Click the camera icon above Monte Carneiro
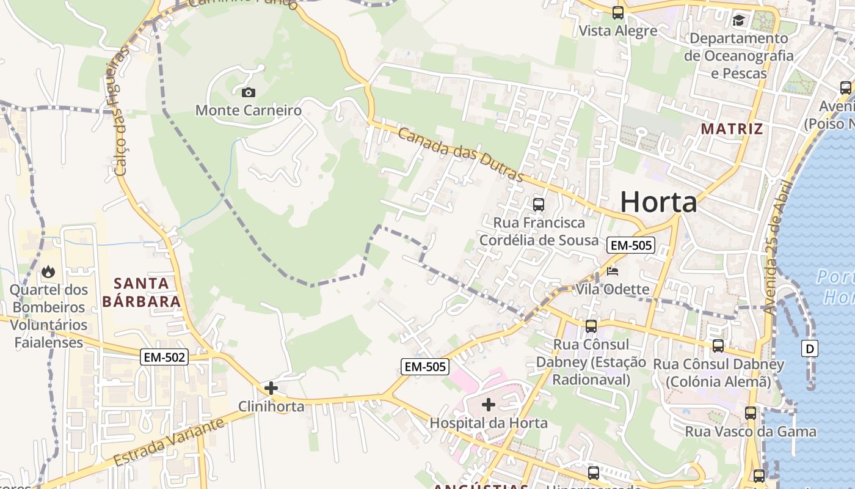coord(249,93)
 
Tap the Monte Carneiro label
coord(249,111)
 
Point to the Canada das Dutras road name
coord(461,155)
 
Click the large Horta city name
coord(658,202)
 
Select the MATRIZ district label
coord(732,129)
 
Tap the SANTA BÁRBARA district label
coord(141,292)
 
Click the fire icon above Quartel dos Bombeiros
coord(48,271)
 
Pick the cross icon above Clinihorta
coord(271,388)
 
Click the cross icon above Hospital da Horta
coord(489,405)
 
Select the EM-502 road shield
coord(164,358)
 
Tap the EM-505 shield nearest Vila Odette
coord(631,246)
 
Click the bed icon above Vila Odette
coord(613,271)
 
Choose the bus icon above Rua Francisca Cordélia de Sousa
coord(538,204)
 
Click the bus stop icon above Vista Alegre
coord(618,12)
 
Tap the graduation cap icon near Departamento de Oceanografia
coord(739,21)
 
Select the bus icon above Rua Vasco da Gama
coord(751,413)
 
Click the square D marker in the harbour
coord(810,349)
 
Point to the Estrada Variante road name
coord(168,443)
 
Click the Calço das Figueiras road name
coord(120,113)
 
